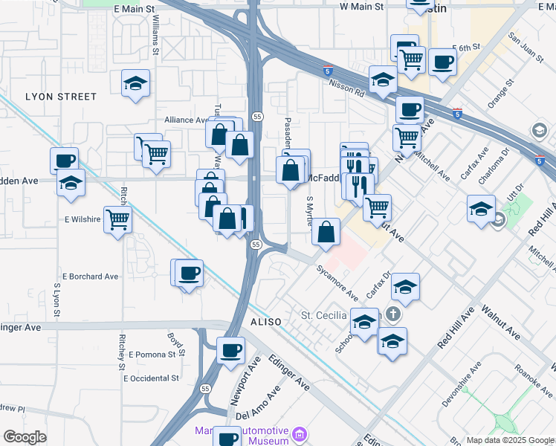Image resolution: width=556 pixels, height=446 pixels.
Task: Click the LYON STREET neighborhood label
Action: (61, 97)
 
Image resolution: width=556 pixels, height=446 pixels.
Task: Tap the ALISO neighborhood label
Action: (266, 322)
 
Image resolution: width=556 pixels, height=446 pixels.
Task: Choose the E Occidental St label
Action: (152, 378)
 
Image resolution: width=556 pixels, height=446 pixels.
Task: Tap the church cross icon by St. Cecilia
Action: (393, 315)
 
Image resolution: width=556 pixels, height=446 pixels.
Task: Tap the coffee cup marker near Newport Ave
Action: (230, 349)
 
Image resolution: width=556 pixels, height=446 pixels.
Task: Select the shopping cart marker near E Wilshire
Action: (118, 220)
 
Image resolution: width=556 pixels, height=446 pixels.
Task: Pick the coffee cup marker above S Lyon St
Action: (65, 160)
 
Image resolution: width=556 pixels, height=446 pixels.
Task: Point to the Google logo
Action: (25, 437)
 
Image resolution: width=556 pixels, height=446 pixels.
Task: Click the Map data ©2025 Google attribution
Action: (510, 440)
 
